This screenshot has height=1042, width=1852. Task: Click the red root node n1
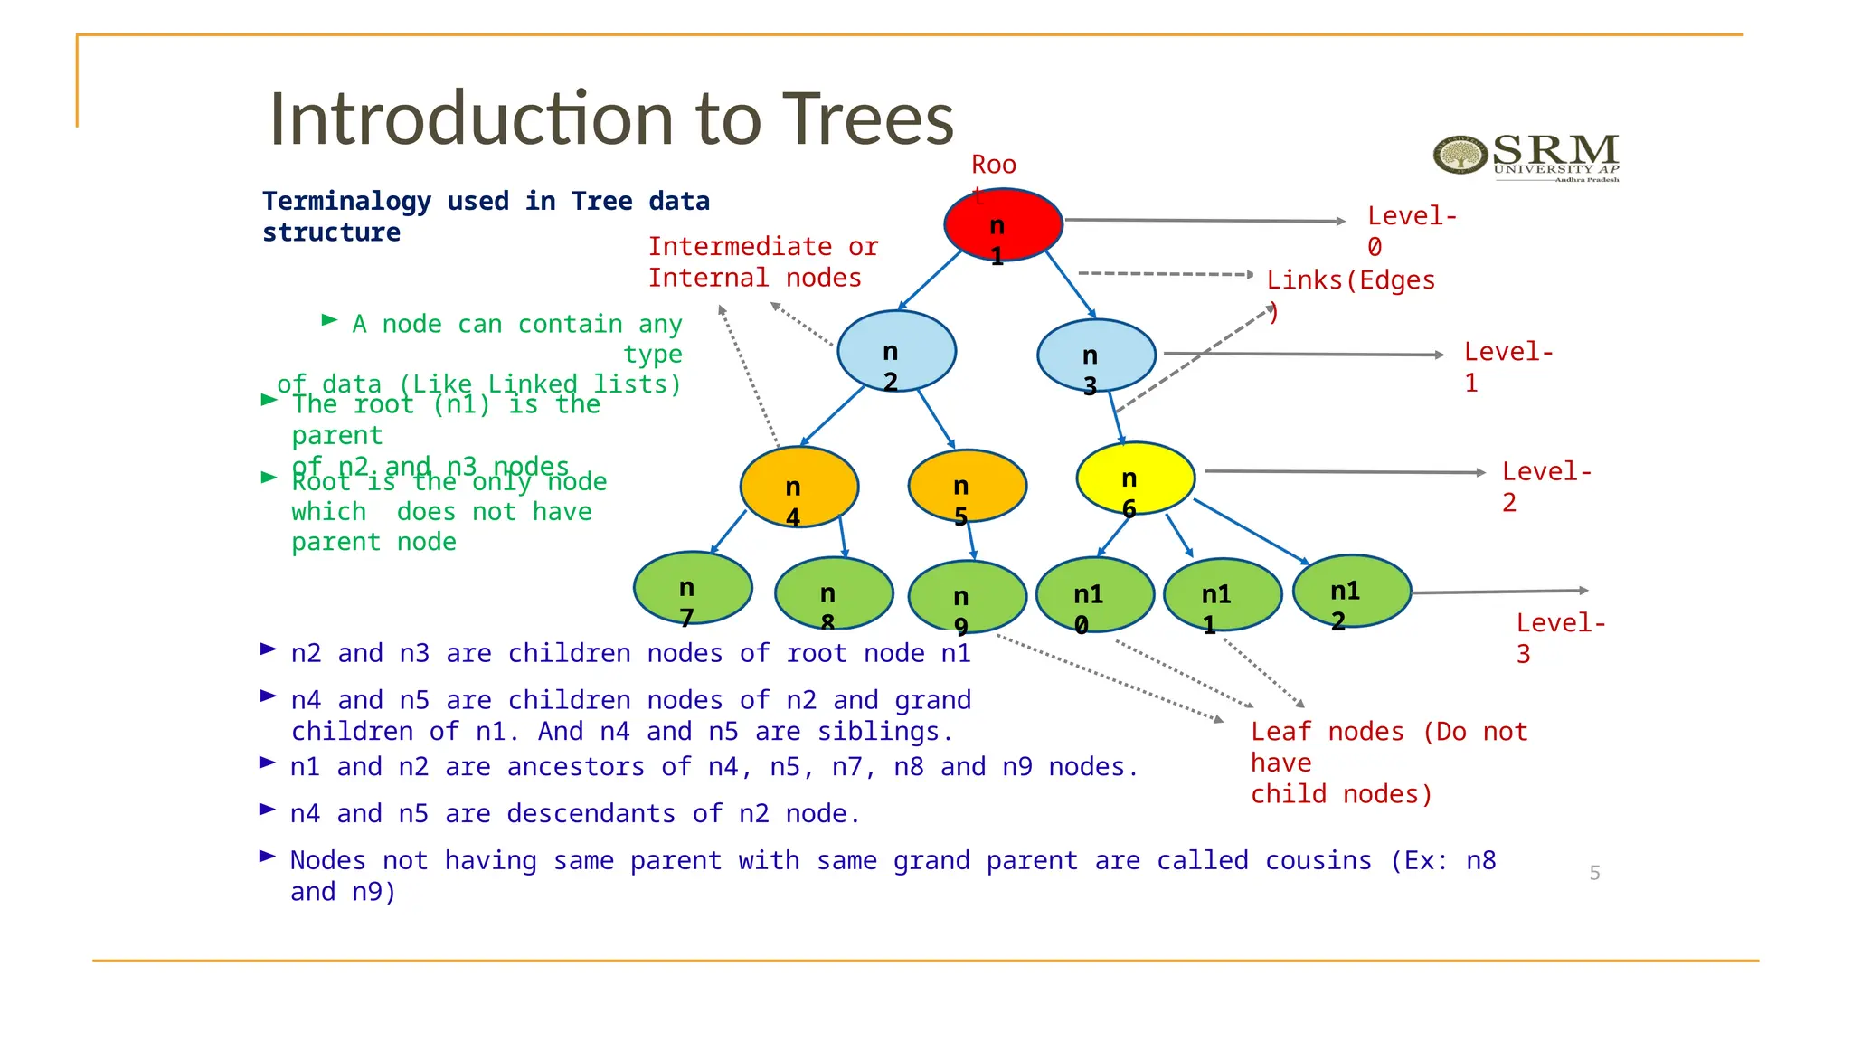tap(1003, 225)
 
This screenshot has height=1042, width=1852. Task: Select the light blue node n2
tap(896, 351)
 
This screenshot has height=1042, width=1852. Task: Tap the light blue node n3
tap(1096, 355)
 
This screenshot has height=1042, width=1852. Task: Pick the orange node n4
tap(798, 487)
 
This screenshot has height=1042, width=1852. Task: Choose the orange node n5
tap(967, 486)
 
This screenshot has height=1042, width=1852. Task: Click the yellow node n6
tap(1135, 478)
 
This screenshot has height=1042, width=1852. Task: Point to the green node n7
tap(693, 588)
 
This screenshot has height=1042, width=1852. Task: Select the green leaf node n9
tap(967, 596)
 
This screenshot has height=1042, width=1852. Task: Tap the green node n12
tap(1352, 592)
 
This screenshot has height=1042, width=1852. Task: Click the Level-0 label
tap(1411, 231)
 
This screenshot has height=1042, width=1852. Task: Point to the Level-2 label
tap(1545, 487)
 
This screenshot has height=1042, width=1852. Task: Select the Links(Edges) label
tap(1350, 282)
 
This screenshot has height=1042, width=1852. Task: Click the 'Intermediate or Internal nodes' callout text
tap(762, 262)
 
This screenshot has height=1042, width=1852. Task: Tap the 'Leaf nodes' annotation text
tap(1388, 763)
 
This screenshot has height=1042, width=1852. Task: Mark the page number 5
tap(1594, 873)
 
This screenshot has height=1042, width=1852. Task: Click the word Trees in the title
tap(867, 118)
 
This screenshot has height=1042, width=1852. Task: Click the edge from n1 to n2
tap(930, 280)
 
